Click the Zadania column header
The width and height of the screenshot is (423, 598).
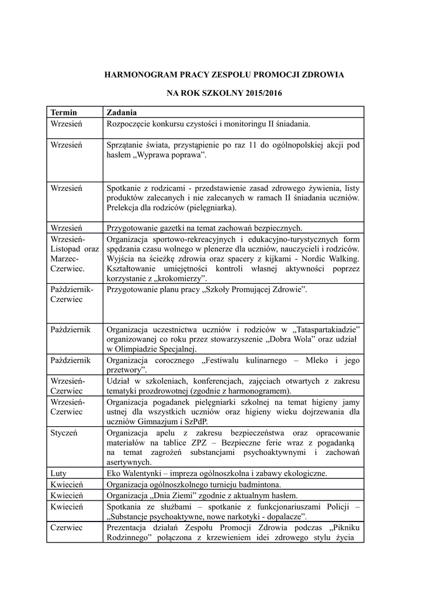pos(122,112)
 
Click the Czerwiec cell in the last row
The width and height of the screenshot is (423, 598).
pos(67,527)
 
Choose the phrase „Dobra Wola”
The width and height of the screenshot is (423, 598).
pos(284,339)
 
